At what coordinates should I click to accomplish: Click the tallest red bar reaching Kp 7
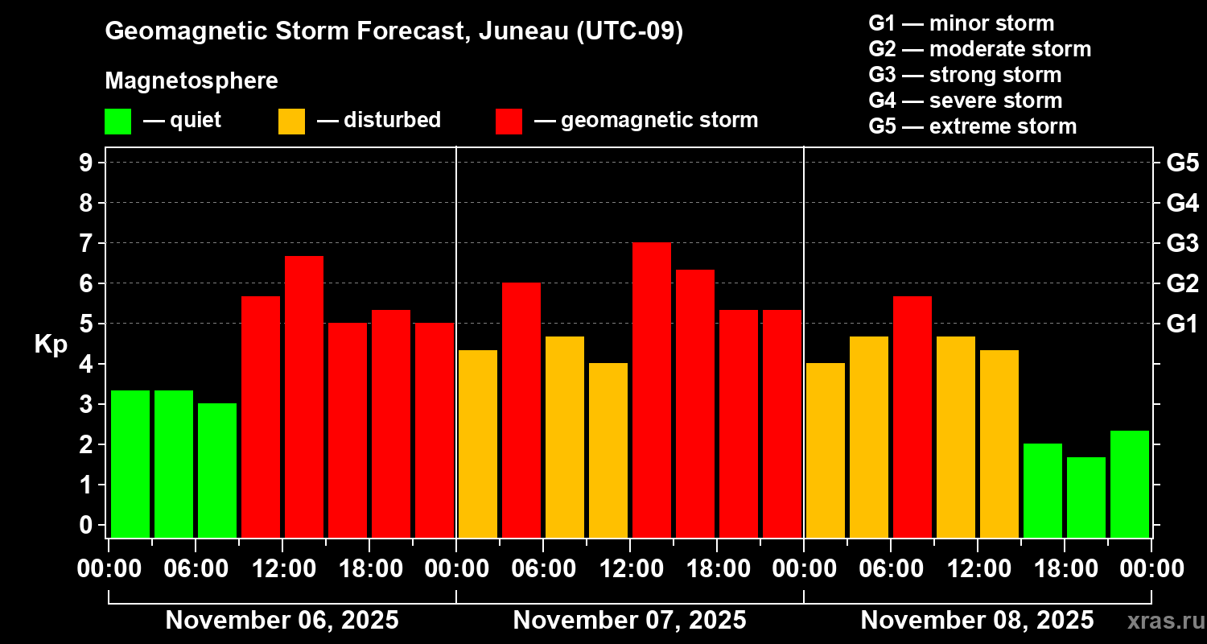652,390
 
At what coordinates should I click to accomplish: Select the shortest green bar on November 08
1086,497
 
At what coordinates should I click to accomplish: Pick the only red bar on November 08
912,416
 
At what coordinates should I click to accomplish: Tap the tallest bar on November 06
304,396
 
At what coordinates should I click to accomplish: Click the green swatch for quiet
117,121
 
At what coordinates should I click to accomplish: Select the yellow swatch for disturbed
291,121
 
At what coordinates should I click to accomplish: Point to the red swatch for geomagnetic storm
509,121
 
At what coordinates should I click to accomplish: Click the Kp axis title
51,345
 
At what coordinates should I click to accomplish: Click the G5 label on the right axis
1182,163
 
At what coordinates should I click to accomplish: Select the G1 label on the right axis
1182,324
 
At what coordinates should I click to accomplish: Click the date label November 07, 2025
629,621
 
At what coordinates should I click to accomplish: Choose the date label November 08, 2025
977,621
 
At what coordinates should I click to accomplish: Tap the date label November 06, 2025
282,621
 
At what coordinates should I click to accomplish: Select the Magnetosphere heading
192,81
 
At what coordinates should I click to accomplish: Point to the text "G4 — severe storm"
965,101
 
